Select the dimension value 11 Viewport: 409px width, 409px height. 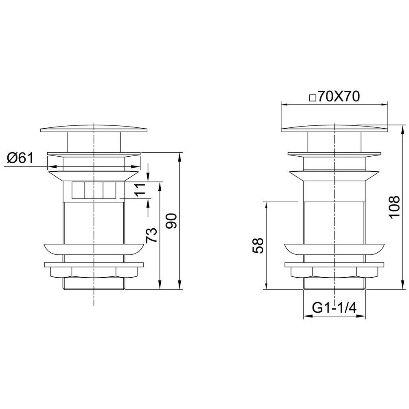tap(140, 190)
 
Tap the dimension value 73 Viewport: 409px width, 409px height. tap(152, 235)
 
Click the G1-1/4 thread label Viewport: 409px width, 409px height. tap(334, 308)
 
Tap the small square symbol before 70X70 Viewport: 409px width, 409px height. tap(313, 98)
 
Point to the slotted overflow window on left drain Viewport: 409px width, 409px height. tap(93, 190)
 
